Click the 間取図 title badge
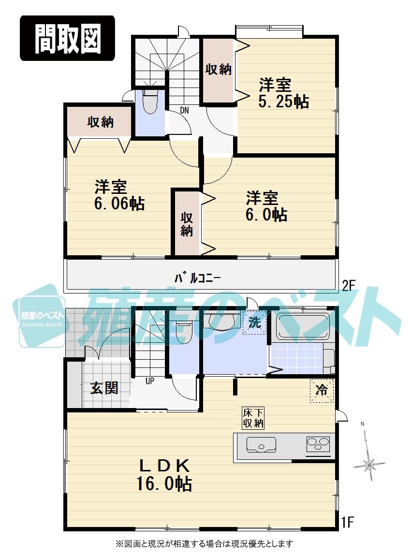coord(67,38)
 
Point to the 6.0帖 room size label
coord(266,214)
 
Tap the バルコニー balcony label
coord(197,278)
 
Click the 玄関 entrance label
coord(104,388)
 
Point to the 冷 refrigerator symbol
coord(322,390)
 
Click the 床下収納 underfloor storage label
coord(253,418)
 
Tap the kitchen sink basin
coord(261,444)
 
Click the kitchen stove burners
coord(318,443)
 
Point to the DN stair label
coord(184,110)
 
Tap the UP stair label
coord(150,380)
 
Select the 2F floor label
coord(349,286)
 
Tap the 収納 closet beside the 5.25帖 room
coord(219,70)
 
